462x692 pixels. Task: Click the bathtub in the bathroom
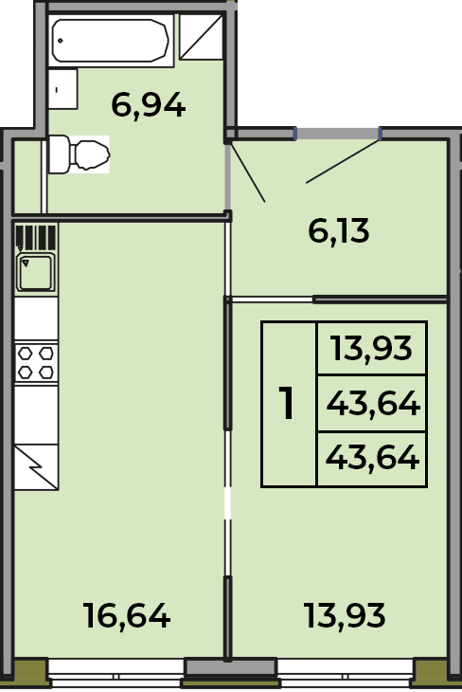(x=111, y=41)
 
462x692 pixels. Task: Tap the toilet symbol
(x=79, y=154)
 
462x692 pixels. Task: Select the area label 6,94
(x=148, y=105)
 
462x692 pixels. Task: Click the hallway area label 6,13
(x=339, y=231)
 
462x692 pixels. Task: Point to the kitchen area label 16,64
(x=127, y=615)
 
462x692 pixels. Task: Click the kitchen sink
(x=36, y=271)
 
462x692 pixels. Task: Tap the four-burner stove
(x=36, y=363)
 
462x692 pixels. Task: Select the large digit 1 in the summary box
(x=287, y=403)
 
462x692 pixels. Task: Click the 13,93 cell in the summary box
(x=372, y=348)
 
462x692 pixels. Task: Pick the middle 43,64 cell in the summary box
(x=372, y=404)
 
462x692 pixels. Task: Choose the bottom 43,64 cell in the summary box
(x=372, y=458)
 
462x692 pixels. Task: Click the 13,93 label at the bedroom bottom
(x=345, y=615)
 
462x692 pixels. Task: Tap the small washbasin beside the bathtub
(x=62, y=89)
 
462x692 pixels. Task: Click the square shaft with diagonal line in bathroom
(x=201, y=37)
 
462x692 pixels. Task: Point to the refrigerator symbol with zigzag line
(x=36, y=467)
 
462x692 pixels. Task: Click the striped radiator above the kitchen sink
(x=36, y=237)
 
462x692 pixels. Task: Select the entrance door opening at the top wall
(x=338, y=134)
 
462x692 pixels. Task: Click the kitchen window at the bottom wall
(x=115, y=675)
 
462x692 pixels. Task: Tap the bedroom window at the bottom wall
(x=346, y=675)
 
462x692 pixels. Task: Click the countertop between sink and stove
(x=36, y=319)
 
